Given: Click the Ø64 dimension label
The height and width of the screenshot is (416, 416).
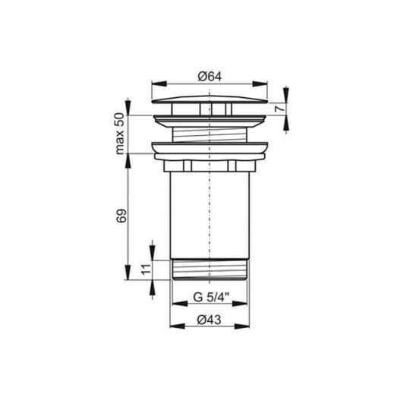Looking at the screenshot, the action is [210, 77].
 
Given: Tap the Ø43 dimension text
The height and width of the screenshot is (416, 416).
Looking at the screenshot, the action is [209, 320].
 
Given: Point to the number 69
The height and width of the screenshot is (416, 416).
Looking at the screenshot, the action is [121, 216].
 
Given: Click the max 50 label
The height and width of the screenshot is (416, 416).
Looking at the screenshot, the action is [120, 134].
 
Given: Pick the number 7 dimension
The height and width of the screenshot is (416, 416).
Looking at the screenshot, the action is [279, 108].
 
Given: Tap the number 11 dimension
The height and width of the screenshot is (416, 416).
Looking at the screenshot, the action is [146, 269].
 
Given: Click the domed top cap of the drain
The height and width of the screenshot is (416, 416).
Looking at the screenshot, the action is [210, 99].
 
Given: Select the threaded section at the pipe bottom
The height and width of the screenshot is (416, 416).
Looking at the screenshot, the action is [210, 269].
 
